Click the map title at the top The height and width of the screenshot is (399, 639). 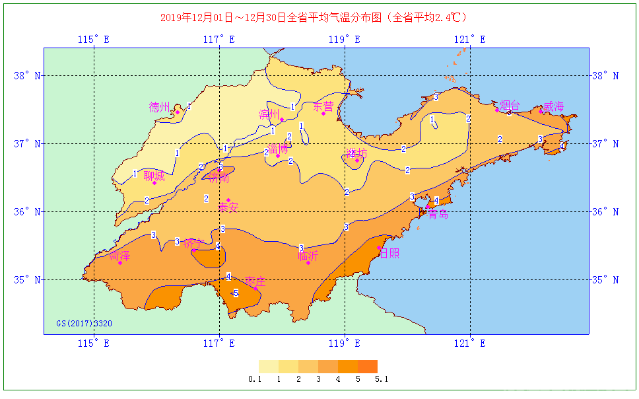pyautogui.click(x=318, y=18)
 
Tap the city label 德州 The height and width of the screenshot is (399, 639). pyautogui.click(x=159, y=106)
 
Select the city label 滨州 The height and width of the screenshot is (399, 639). pyautogui.click(x=269, y=114)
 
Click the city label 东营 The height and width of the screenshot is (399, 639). pyautogui.click(x=323, y=106)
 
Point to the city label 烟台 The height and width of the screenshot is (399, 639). pyautogui.click(x=510, y=105)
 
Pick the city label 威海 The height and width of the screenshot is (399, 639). pyautogui.click(x=553, y=106)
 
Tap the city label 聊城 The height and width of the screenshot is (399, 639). pyautogui.click(x=154, y=175)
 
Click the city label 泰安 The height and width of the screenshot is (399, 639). pyautogui.click(x=228, y=207)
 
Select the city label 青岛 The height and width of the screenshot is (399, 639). pyautogui.click(x=438, y=214)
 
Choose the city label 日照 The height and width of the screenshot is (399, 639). pyautogui.click(x=389, y=253)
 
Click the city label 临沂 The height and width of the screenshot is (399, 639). pyautogui.click(x=308, y=255)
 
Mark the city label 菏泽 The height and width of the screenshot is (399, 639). pyautogui.click(x=119, y=256)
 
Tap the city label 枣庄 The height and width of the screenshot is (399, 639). pyautogui.click(x=255, y=281)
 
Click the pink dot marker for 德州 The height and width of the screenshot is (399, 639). pyautogui.click(x=178, y=112)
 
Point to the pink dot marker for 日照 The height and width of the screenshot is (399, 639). pyautogui.click(x=380, y=248)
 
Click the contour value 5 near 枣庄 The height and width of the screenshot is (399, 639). pyautogui.click(x=236, y=293)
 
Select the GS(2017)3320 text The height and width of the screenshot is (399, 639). pyautogui.click(x=84, y=324)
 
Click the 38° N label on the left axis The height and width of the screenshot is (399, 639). pyautogui.click(x=27, y=75)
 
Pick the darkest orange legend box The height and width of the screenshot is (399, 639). pyautogui.click(x=368, y=366)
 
